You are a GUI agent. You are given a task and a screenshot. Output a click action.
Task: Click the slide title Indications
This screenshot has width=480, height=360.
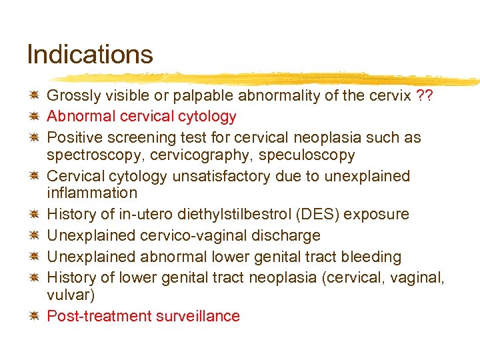[x=89, y=55]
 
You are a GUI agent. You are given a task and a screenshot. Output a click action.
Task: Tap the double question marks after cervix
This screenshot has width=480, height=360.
[x=423, y=95]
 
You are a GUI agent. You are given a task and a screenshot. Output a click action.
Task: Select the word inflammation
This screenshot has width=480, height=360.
[x=92, y=193]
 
